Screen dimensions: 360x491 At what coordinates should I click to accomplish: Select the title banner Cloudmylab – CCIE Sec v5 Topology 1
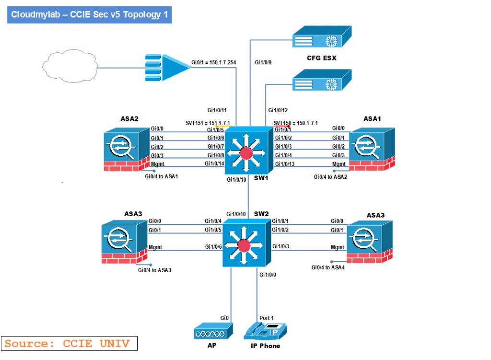click(x=89, y=14)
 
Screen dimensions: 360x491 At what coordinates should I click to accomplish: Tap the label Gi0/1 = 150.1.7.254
click(x=214, y=62)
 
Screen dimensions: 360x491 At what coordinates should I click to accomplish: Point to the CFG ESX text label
click(x=322, y=58)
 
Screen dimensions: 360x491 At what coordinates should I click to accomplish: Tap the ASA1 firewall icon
click(x=373, y=148)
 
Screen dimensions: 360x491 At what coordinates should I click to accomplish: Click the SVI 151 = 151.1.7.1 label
click(x=208, y=123)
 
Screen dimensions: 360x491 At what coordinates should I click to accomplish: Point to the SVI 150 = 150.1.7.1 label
click(x=295, y=123)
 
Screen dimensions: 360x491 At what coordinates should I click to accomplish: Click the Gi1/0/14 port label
click(x=215, y=164)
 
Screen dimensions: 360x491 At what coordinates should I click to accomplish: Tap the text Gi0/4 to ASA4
click(x=328, y=267)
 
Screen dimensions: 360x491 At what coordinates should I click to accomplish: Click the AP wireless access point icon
click(x=213, y=331)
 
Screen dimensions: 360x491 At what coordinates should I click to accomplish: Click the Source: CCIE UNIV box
click(x=69, y=343)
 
